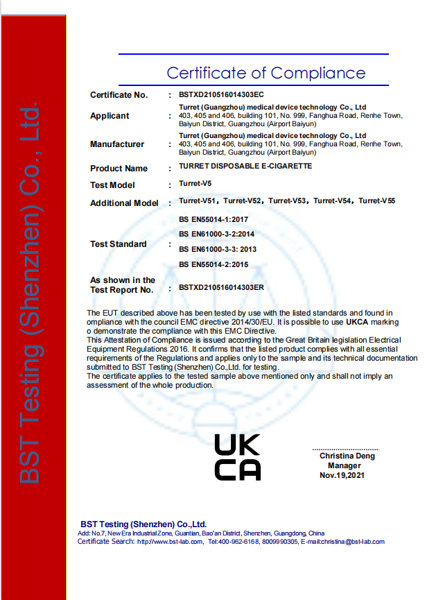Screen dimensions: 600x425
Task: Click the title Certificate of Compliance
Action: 266,73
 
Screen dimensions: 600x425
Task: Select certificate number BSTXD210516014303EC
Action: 221,94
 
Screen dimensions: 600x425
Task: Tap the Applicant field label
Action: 110,116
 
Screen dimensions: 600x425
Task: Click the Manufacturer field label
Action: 117,144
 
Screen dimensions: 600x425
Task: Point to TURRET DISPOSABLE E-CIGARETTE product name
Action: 245,167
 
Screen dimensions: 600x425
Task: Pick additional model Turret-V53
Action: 288,201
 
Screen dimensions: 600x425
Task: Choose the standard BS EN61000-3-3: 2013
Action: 218,249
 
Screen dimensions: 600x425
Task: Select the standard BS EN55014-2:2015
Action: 214,264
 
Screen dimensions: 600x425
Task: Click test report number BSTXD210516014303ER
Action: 222,286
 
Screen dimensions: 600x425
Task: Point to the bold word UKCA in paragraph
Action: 356,322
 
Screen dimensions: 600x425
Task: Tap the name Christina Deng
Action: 347,456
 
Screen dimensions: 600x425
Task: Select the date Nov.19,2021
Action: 342,475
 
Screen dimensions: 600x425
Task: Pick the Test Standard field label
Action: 118,244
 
